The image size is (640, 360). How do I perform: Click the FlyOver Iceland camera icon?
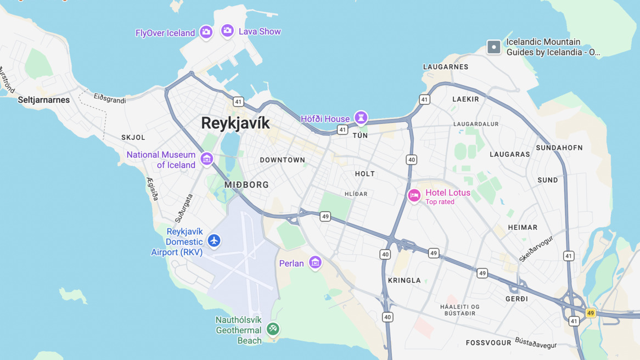pyautogui.click(x=206, y=32)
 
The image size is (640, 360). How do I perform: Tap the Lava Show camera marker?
pyautogui.click(x=227, y=31)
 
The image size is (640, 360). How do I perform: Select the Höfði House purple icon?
pyautogui.click(x=361, y=117)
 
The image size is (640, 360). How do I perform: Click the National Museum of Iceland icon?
pyautogui.click(x=206, y=159)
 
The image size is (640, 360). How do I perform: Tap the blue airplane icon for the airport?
pyautogui.click(x=214, y=240)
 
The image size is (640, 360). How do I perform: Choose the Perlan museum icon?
pyautogui.click(x=315, y=263)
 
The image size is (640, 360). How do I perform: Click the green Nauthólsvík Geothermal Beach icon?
pyautogui.click(x=273, y=329)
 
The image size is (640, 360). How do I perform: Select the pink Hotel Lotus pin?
pyautogui.click(x=414, y=195)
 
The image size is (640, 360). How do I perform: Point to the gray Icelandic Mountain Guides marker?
pyautogui.click(x=493, y=47)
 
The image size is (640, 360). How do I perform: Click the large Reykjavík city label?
pyautogui.click(x=235, y=123)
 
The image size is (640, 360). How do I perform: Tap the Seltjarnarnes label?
pyautogui.click(x=44, y=100)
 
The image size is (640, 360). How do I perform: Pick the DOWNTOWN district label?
pyautogui.click(x=282, y=160)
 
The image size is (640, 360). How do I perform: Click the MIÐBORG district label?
pyautogui.click(x=246, y=185)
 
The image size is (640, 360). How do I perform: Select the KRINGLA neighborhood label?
pyautogui.click(x=405, y=280)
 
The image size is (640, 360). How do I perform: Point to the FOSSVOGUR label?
pyautogui.click(x=489, y=343)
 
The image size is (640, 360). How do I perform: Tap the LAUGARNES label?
pyautogui.click(x=446, y=67)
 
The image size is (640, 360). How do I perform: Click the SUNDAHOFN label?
pyautogui.click(x=559, y=148)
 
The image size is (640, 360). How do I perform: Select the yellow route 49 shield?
pyautogui.click(x=591, y=313)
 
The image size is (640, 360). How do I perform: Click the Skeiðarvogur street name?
pyautogui.click(x=536, y=249)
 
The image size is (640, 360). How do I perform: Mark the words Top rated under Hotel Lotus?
pyautogui.click(x=440, y=202)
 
